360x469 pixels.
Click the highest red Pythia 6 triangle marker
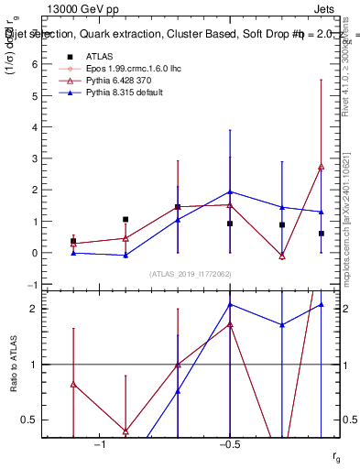pyautogui.click(x=321, y=167)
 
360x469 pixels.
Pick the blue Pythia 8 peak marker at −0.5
pyautogui.click(x=230, y=192)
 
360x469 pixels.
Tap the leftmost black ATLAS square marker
pyautogui.click(x=73, y=241)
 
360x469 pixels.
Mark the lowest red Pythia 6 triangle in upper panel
pyautogui.click(x=282, y=256)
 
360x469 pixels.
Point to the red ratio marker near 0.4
pyautogui.click(x=125, y=431)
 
